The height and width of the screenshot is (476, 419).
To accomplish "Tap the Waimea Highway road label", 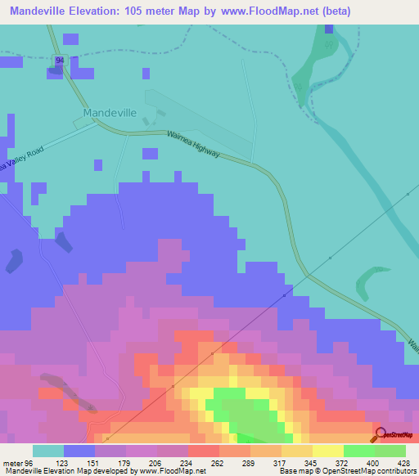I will [x=193, y=145].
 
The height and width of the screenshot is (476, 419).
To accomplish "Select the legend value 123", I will [x=80, y=463].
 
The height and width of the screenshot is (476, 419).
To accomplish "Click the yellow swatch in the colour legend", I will [x=327, y=451].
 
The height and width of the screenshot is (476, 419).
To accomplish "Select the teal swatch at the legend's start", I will [x=47, y=451].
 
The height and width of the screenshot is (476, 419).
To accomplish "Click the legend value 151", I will [x=110, y=463].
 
